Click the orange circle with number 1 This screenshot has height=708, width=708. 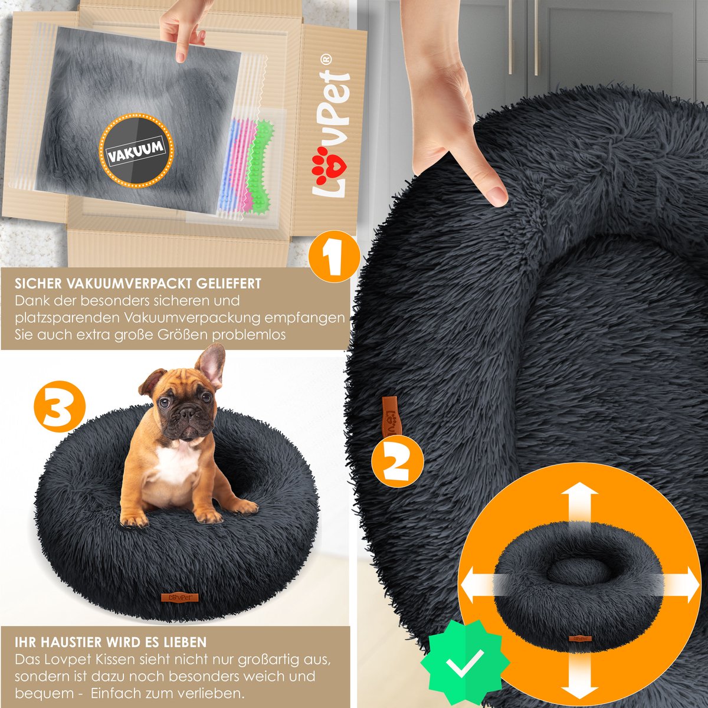(x=333, y=257)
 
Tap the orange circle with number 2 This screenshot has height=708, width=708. (x=397, y=461)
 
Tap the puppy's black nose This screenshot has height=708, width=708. (x=187, y=412)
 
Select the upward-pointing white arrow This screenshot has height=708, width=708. (x=579, y=506)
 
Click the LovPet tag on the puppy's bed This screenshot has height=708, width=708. (x=180, y=598)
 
